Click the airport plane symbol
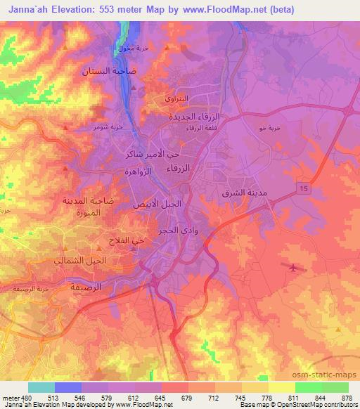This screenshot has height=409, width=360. point(292,267)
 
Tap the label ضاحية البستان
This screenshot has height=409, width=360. point(104,71)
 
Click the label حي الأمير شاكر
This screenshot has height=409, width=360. point(153,152)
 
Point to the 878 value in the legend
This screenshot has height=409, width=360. point(347,397)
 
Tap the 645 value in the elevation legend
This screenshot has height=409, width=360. point(161,397)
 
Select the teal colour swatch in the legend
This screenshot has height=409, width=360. point(41,387)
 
